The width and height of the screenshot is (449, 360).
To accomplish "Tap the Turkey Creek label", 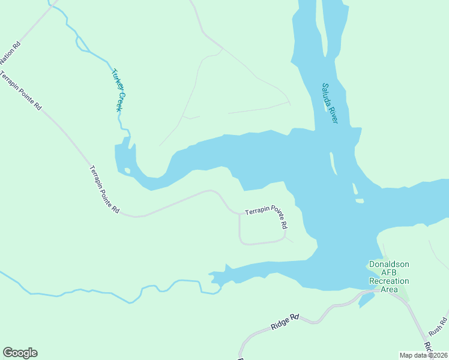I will [119, 90].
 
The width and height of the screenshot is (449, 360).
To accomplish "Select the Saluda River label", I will [330, 103].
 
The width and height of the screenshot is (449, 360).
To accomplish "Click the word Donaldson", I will [389, 264].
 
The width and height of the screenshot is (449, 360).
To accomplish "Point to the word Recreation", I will [389, 281].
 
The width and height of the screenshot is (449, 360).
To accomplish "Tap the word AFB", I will [389, 272].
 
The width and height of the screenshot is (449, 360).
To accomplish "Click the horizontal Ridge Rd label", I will [285, 322].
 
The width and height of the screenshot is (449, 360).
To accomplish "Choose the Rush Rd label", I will [438, 326].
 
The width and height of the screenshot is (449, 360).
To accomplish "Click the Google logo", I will [20, 353].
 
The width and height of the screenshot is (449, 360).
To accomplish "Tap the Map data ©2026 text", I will [424, 355].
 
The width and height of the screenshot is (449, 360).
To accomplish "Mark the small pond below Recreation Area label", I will [365, 299].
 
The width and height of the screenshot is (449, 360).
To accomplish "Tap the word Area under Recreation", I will [389, 289].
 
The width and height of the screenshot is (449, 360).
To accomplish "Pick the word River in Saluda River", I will [333, 115].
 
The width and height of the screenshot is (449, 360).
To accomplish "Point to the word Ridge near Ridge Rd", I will [280, 325].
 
